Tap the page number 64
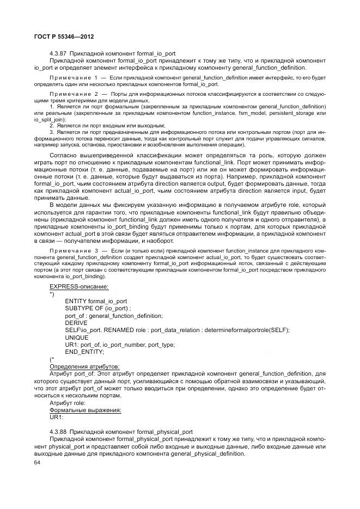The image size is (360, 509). point(37,463)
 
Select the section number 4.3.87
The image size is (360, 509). point(58,54)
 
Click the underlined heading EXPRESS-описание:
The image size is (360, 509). point(78,286)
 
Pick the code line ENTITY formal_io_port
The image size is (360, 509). point(96,301)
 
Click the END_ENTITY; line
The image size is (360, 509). point(84,352)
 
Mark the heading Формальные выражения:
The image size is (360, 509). point(85,410)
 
